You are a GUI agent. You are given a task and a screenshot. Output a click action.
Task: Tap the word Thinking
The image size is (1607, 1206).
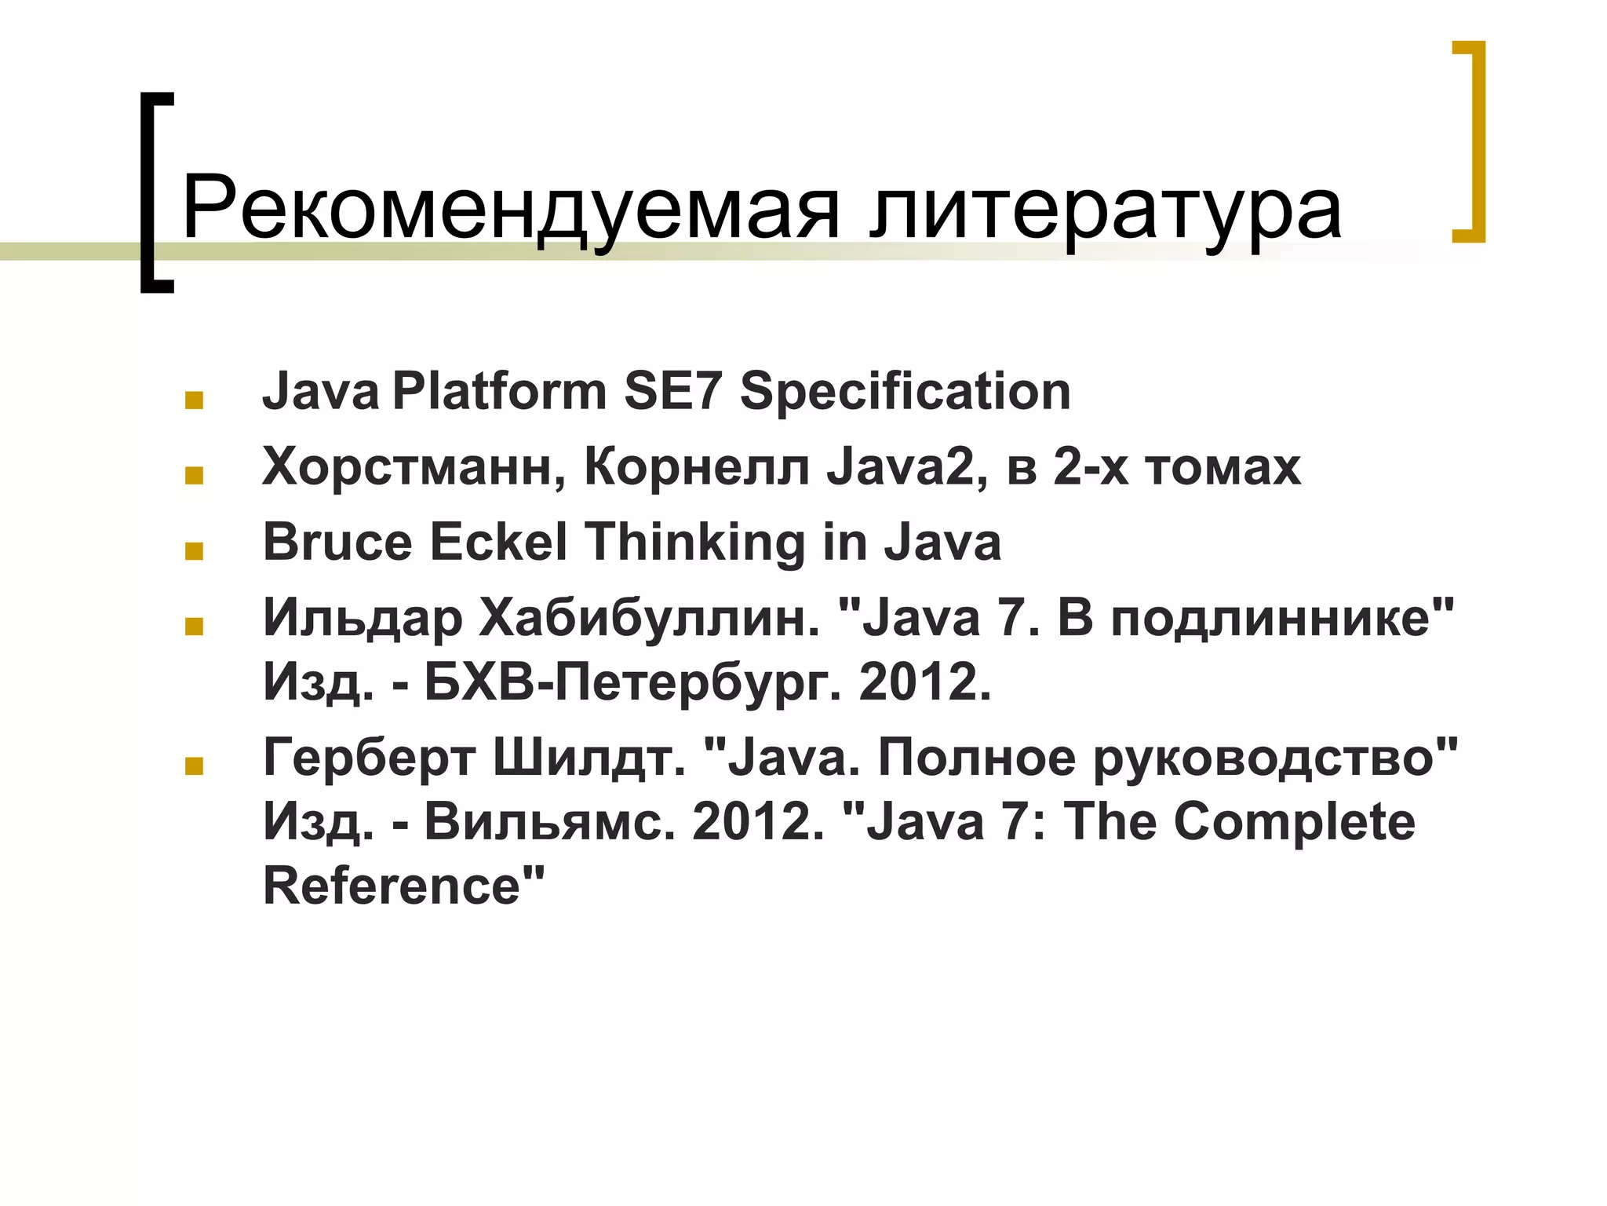[695, 543]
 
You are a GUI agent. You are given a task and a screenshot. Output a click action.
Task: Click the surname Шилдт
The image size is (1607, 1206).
[589, 758]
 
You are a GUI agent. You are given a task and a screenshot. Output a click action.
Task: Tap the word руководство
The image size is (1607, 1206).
[1263, 758]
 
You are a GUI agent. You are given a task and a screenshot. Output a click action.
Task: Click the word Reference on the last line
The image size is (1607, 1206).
[392, 886]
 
